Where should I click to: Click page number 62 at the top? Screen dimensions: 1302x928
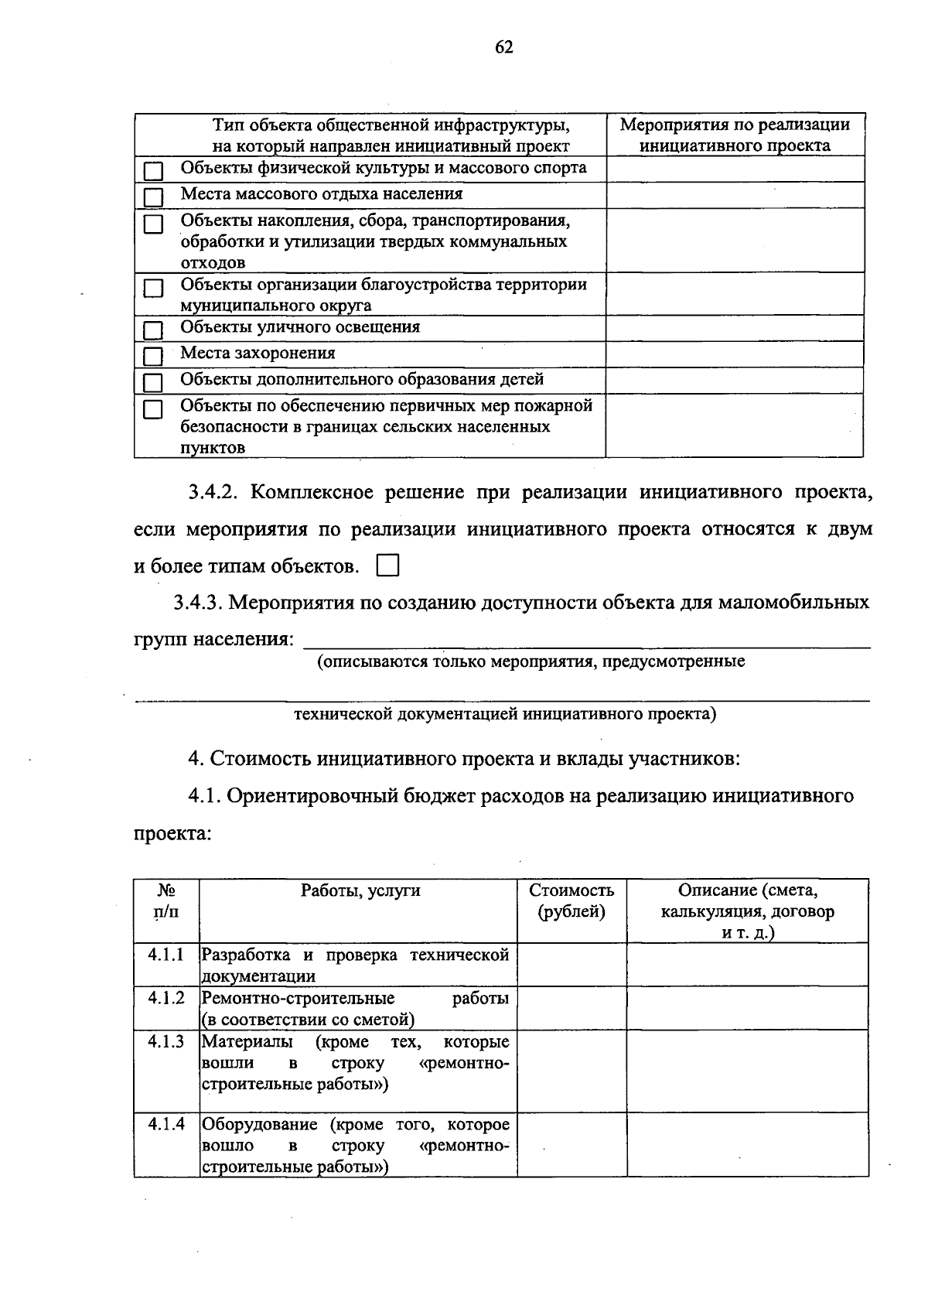tap(503, 48)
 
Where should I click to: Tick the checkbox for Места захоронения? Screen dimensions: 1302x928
tap(154, 356)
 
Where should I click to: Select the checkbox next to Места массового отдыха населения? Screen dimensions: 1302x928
tap(154, 196)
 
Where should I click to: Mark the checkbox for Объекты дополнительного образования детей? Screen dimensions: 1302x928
tap(154, 382)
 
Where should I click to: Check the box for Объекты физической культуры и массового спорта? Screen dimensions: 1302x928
tap(154, 170)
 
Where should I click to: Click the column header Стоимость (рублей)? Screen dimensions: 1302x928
tap(571, 900)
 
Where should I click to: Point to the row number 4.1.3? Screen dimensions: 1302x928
tap(166, 1041)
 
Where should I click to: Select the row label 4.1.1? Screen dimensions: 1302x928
tap(166, 955)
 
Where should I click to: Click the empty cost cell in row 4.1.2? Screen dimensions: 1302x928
tap(571, 1007)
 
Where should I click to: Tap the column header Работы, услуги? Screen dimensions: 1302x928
tap(360, 890)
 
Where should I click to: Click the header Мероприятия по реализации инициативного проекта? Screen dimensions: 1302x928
tap(735, 135)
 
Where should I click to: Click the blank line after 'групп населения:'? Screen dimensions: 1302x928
tap(588, 641)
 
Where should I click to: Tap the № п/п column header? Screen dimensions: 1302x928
tap(166, 900)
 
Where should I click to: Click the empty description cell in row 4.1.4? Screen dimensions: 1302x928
tap(747, 1144)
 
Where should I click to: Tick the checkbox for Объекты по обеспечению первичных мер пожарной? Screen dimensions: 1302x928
tap(154, 408)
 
